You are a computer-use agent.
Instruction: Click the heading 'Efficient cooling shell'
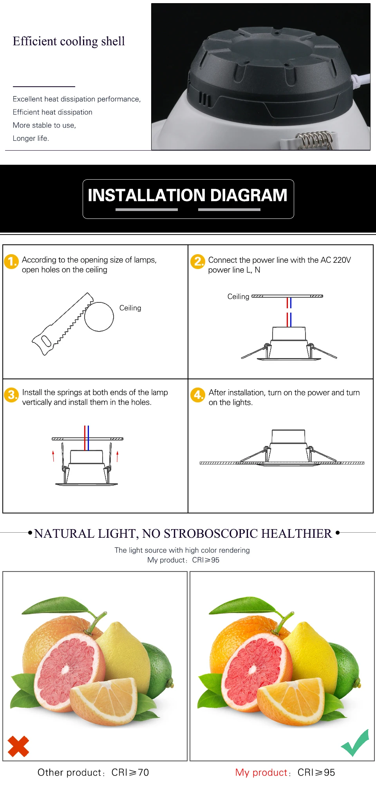[x=69, y=41]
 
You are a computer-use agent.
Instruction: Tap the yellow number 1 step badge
[x=11, y=262]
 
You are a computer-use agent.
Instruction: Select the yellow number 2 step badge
[x=198, y=262]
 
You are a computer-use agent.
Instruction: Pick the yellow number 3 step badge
[x=11, y=395]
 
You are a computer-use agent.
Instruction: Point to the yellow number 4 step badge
[x=198, y=395]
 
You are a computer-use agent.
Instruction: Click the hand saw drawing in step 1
[x=61, y=326]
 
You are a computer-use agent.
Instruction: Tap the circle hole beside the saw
[x=99, y=317]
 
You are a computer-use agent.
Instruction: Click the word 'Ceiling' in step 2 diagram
[x=238, y=297]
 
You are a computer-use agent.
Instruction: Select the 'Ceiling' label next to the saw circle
[x=130, y=308]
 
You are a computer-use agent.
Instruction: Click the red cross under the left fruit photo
[x=18, y=746]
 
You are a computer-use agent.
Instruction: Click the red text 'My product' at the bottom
[x=261, y=772]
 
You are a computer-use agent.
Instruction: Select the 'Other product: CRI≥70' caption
[x=93, y=772]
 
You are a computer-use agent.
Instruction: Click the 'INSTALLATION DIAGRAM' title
[x=188, y=195]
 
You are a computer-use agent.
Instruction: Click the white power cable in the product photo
[x=362, y=80]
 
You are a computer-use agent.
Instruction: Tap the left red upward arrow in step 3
[x=53, y=455]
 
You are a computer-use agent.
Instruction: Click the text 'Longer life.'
[x=31, y=138]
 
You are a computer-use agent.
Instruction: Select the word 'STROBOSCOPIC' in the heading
[x=211, y=533]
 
